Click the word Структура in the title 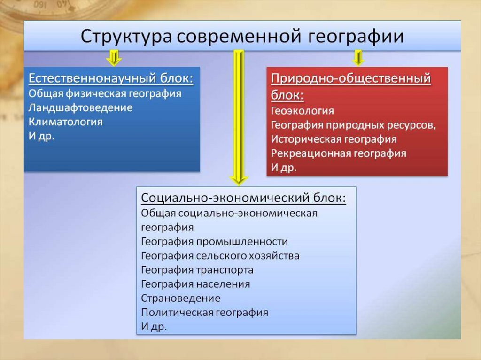click(x=121, y=37)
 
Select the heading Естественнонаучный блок click(x=111, y=78)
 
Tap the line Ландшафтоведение click(x=80, y=107)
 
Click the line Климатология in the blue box click(x=65, y=122)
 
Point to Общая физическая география click(x=105, y=93)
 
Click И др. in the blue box click(x=42, y=137)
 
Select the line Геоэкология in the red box click(x=303, y=111)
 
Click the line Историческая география click(x=334, y=139)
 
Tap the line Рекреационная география click(x=338, y=153)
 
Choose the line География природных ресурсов click(x=354, y=125)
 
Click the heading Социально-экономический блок click(x=244, y=198)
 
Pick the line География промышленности click(x=214, y=242)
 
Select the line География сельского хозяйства click(x=220, y=256)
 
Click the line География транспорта click(x=197, y=270)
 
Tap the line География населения click(x=195, y=284)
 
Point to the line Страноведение click(x=180, y=298)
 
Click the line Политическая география click(x=204, y=312)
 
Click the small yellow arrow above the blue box click(x=113, y=58)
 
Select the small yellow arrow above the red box click(x=358, y=58)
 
